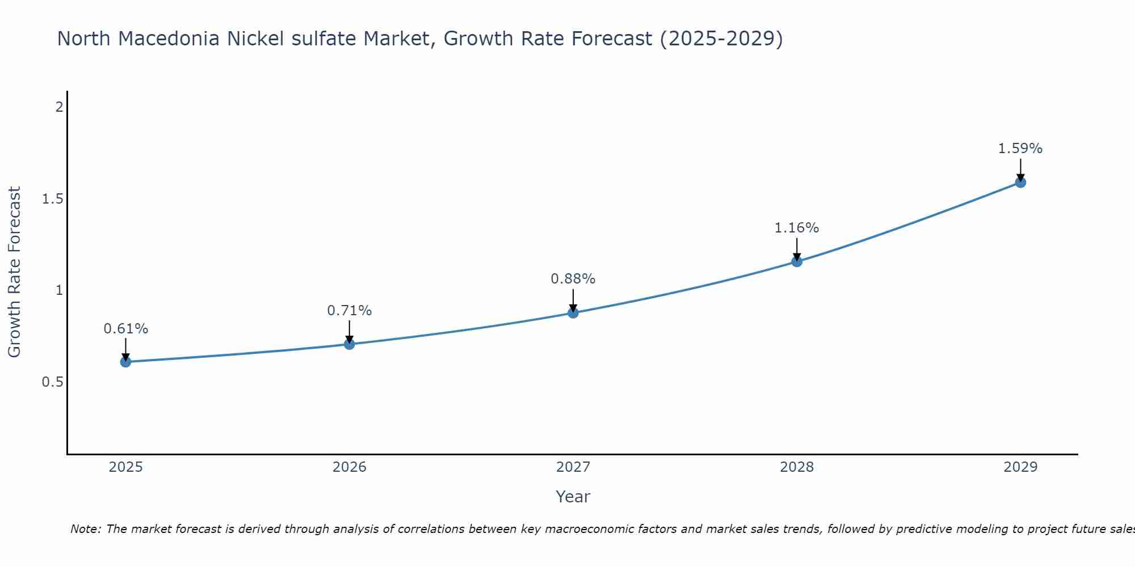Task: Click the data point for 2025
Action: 125,362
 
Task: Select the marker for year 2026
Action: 350,344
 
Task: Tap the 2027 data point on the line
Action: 573,312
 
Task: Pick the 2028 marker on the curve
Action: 797,261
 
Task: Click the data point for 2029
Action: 1020,183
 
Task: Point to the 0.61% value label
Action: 125,329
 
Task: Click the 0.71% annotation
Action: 350,311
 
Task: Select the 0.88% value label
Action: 573,279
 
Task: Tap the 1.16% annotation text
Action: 797,228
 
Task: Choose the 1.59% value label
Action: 1020,149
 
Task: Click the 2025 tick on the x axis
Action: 125,467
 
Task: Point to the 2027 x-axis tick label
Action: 573,467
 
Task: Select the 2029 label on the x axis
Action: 1020,467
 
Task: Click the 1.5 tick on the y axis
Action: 52,199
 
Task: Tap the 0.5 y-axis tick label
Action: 52,382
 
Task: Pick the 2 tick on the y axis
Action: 59,107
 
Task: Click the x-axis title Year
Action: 573,497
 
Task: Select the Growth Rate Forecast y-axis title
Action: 14,272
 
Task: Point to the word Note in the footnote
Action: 85,529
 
